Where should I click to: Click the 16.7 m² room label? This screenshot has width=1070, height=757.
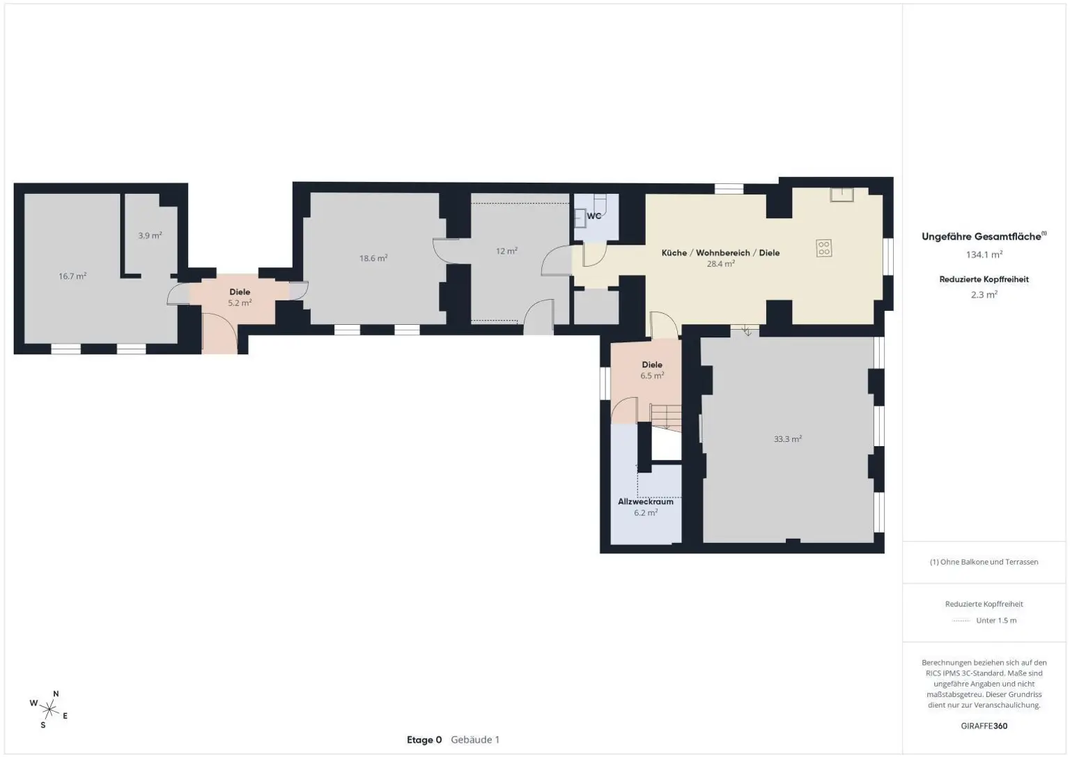[72, 276]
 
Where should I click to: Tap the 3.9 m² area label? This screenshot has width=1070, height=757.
[150, 235]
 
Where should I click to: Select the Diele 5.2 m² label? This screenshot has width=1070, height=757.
[240, 297]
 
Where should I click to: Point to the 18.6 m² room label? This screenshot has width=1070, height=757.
[373, 258]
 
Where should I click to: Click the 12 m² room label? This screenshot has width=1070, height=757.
[506, 251]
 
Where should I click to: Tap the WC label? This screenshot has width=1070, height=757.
[594, 216]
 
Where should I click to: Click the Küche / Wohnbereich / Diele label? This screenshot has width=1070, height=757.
[720, 253]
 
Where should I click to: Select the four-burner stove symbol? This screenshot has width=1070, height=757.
[823, 249]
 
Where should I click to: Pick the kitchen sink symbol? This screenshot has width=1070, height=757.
[842, 194]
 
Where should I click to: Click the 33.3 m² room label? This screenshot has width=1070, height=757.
[788, 438]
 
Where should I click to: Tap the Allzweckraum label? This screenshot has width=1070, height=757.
[646, 502]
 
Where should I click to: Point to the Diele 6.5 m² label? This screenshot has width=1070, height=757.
[652, 370]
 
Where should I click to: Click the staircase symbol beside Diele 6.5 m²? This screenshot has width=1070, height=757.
[667, 418]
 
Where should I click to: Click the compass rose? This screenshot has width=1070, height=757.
[49, 710]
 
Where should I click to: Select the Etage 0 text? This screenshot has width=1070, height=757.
[424, 740]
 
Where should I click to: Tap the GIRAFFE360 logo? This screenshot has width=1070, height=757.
[984, 726]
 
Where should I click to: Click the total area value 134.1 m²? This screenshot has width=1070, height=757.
[984, 254]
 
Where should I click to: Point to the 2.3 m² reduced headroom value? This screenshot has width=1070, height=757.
[984, 295]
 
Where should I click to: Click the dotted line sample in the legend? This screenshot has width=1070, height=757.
[961, 621]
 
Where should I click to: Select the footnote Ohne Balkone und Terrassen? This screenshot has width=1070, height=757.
[984, 562]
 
